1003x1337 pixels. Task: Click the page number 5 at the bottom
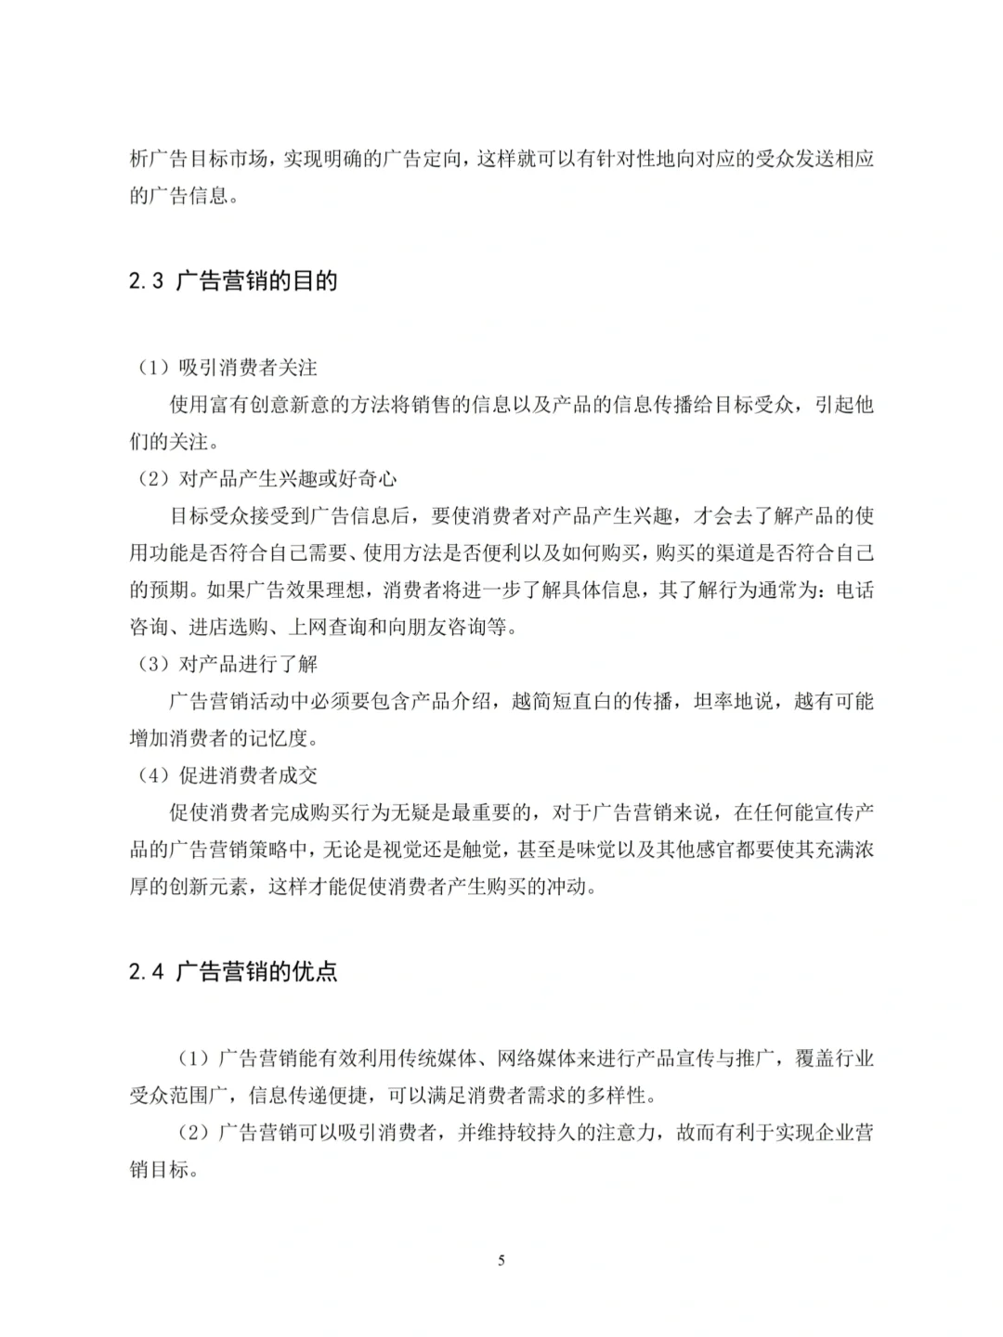(x=501, y=1260)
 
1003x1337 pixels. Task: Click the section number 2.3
(x=146, y=281)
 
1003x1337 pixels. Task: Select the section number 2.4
(x=146, y=972)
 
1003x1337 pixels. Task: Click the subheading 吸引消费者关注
(x=248, y=368)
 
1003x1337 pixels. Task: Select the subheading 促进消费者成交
(x=248, y=775)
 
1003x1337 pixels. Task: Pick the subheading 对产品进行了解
(x=248, y=664)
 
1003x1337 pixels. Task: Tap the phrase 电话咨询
(x=854, y=590)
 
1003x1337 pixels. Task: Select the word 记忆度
(x=278, y=738)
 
